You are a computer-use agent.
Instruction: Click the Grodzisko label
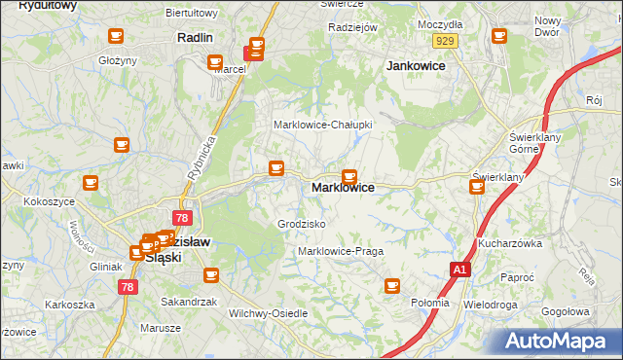pos(301,224)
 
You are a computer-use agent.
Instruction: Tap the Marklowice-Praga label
pos(341,251)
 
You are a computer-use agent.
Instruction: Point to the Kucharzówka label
pos(509,243)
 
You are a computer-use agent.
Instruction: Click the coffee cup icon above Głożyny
pos(115,37)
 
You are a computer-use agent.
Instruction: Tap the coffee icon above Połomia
pos(392,285)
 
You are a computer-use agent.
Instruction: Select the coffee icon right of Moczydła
pos(499,37)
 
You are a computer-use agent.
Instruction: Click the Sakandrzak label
pos(188,302)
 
